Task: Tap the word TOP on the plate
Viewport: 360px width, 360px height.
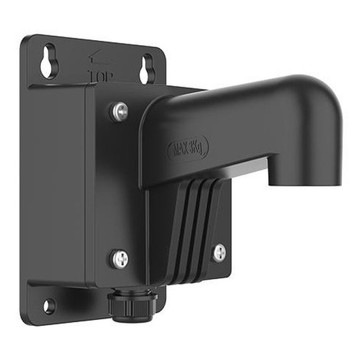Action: click(102, 74)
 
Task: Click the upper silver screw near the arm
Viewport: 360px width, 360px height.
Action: click(120, 110)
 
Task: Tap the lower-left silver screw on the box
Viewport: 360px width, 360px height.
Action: click(120, 259)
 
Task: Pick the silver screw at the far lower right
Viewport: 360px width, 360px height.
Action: click(219, 253)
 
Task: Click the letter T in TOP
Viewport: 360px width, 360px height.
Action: click(93, 73)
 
